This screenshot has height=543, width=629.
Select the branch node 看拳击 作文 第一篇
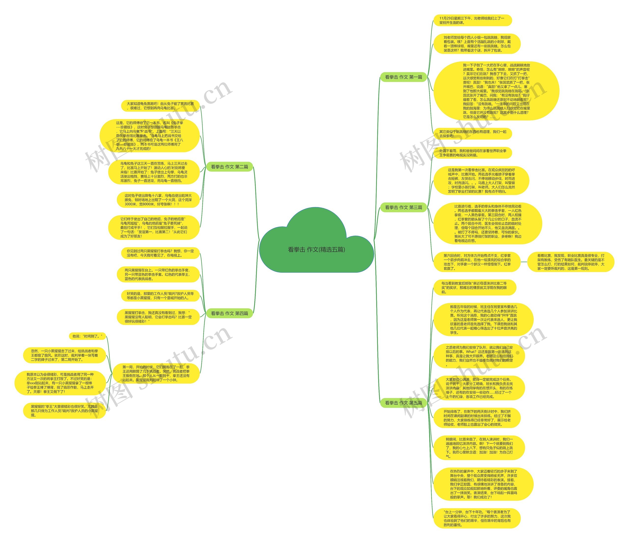tap(403, 77)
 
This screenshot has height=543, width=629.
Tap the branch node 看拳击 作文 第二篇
tap(229, 167)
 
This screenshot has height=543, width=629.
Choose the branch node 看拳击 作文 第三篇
tap(403, 207)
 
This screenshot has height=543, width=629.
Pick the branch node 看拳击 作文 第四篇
tap(229, 313)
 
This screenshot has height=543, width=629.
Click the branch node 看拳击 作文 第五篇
tap(403, 403)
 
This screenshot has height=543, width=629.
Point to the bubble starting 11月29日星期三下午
tap(472, 20)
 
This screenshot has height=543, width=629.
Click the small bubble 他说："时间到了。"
tap(87, 336)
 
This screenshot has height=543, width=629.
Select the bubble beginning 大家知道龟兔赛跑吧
tap(160, 106)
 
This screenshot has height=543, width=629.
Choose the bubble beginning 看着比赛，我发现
tap(571, 262)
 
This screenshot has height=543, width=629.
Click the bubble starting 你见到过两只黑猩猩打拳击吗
tap(160, 253)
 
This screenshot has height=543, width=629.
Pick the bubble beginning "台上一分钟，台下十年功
tap(477, 518)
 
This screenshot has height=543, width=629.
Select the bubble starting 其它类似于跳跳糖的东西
tap(472, 134)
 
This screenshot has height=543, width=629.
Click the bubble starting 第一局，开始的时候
tap(156, 374)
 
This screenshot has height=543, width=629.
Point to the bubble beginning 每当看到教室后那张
tap(474, 288)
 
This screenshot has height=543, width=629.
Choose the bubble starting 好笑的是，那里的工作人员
tap(160, 296)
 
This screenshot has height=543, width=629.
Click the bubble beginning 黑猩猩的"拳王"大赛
tap(64, 411)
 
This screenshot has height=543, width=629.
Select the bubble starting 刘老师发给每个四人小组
tap(477, 44)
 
